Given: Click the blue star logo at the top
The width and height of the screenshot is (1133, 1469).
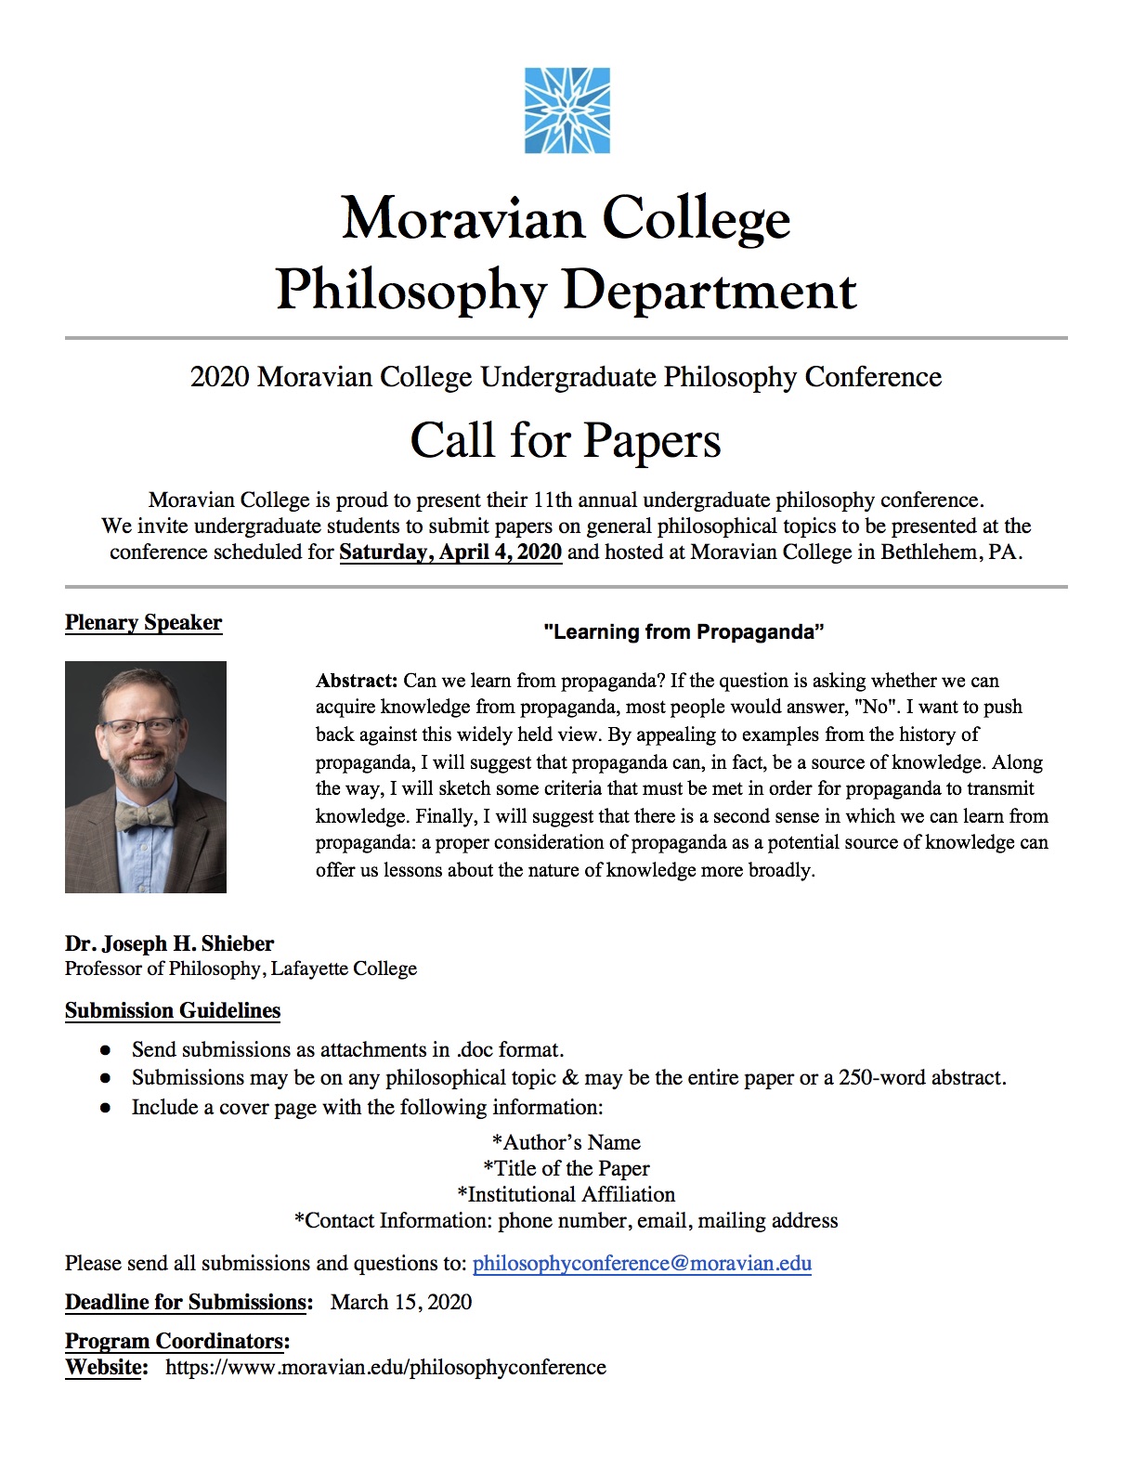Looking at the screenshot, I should click(566, 110).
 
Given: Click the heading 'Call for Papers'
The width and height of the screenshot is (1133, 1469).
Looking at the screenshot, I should click(566, 441).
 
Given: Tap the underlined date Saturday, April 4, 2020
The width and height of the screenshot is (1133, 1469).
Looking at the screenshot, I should click(450, 552).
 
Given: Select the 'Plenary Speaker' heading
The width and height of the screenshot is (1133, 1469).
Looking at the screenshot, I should click(143, 622).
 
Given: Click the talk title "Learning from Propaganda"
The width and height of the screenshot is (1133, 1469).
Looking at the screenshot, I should click(684, 632).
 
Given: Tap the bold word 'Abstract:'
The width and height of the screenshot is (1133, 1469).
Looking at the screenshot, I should click(357, 681).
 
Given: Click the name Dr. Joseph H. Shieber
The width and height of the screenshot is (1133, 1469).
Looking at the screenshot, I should click(169, 943).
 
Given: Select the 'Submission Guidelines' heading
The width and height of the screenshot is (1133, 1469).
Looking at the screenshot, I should click(173, 1010).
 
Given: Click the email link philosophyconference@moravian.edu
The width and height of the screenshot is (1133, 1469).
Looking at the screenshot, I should click(642, 1263).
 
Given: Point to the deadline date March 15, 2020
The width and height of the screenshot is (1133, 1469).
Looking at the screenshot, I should click(401, 1302).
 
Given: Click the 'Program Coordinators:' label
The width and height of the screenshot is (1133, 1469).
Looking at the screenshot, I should click(177, 1341).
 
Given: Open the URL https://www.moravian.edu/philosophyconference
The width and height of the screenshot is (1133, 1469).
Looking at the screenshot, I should click(385, 1367).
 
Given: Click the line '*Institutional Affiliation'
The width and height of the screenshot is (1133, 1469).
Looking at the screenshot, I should click(566, 1194).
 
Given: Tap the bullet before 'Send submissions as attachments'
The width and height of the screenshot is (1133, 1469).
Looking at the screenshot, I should click(107, 1050).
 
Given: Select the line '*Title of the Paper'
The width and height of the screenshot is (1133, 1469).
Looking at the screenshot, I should click(566, 1168).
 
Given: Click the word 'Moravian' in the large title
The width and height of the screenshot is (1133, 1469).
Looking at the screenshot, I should click(463, 219).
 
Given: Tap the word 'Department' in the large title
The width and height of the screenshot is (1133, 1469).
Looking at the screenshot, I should click(710, 291).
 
